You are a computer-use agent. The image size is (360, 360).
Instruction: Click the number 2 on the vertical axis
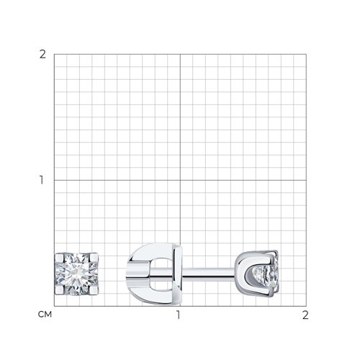point(42,55)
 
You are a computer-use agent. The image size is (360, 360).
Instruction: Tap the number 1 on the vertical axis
point(42,180)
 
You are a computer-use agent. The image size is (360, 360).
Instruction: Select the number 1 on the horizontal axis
point(178,315)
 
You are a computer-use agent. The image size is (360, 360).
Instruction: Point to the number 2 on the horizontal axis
point(305,315)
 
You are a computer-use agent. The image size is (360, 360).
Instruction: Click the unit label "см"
point(45,315)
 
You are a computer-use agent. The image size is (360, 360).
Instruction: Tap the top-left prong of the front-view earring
point(59,258)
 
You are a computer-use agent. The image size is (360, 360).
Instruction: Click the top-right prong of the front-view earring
point(94,258)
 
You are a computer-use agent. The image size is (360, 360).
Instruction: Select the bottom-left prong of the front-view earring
point(59,290)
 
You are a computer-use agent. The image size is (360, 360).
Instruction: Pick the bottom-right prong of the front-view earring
point(94,290)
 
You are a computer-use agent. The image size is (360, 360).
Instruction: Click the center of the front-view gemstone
point(76,274)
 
